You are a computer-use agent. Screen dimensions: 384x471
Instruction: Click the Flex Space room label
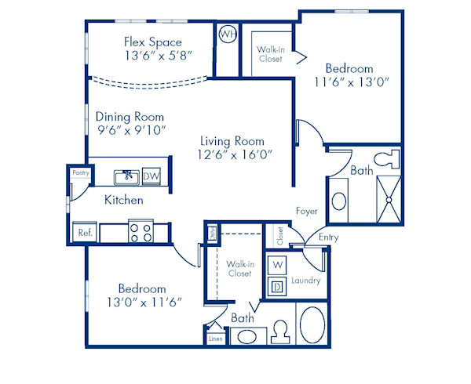(153, 42)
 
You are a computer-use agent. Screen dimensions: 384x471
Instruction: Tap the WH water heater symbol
(227, 34)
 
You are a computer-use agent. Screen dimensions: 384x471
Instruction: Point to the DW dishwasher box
(152, 176)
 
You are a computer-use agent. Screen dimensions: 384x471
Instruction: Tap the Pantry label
(79, 172)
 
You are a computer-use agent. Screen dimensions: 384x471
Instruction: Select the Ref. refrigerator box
(84, 233)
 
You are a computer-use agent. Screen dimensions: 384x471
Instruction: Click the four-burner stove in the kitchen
(141, 232)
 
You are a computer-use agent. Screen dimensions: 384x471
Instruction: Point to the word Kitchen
(124, 201)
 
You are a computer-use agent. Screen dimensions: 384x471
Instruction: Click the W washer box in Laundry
(277, 265)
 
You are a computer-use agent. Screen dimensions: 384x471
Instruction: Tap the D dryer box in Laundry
(277, 288)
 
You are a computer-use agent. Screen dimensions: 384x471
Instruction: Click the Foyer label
(306, 211)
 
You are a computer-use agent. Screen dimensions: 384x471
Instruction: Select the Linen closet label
(215, 339)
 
